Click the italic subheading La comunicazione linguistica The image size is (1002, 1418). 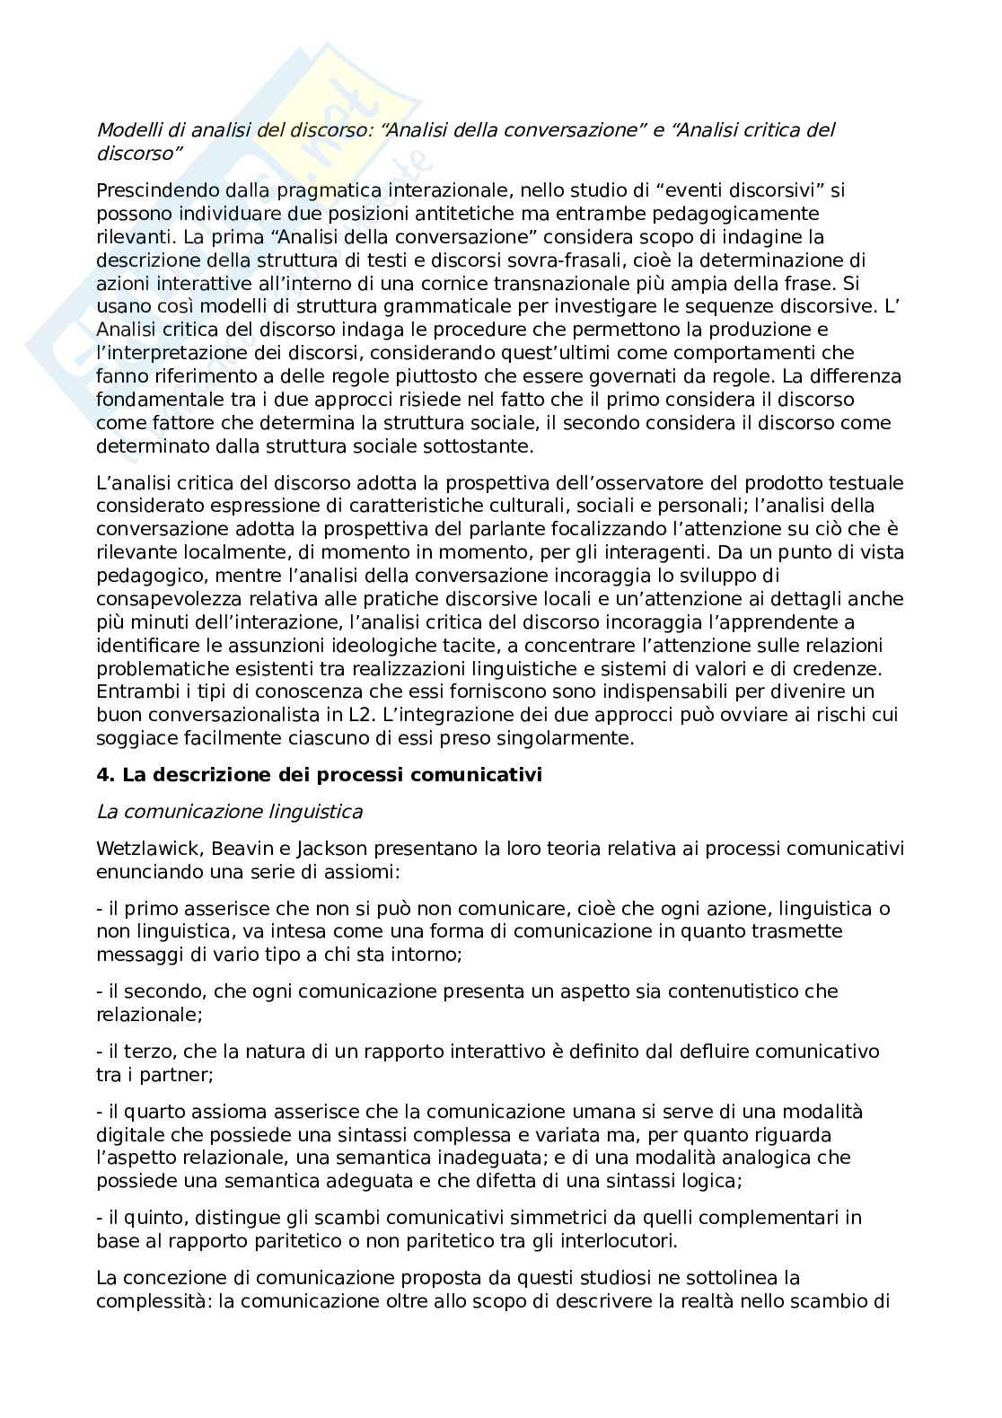229,812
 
